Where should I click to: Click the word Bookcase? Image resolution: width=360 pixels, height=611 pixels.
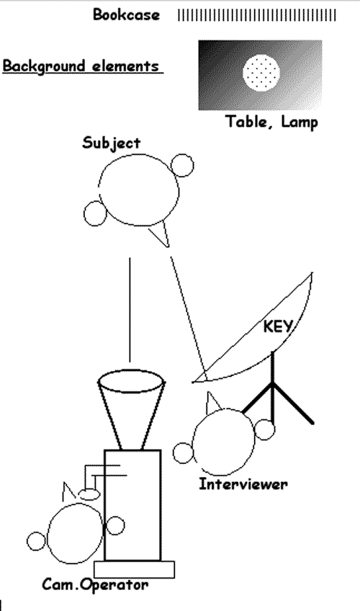126,15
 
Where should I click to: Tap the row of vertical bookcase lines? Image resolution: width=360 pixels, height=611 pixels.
257,15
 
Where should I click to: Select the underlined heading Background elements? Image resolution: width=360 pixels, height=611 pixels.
83,66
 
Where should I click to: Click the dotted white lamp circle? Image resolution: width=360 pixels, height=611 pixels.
261,73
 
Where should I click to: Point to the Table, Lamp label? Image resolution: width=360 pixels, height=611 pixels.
271,122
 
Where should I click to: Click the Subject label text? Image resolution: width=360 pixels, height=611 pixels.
112,143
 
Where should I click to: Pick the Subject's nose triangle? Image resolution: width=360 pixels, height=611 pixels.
161,233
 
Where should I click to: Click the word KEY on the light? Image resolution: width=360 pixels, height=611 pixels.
277,326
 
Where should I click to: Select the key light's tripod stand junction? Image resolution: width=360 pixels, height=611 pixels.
273,384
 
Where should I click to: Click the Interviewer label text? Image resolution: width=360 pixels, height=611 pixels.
243,484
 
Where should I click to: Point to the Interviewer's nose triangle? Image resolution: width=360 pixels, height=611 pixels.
212,403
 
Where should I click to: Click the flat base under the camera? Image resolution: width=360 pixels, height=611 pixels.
134,570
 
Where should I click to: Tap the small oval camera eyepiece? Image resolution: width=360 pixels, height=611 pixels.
89,494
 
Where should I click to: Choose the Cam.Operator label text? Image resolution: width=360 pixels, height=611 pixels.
95,584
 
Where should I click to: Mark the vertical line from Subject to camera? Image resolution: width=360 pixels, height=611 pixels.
130,310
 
